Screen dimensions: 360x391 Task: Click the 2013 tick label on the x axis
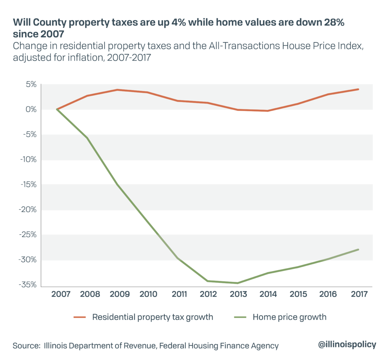(x=238, y=294)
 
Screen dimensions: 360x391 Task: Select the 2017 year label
(x=359, y=294)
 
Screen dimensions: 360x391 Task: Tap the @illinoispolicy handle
(x=347, y=344)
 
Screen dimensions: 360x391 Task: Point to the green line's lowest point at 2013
(x=238, y=283)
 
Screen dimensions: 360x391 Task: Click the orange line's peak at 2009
(x=117, y=90)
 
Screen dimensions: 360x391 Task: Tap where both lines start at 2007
(x=57, y=109)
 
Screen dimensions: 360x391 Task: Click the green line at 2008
(x=87, y=138)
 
